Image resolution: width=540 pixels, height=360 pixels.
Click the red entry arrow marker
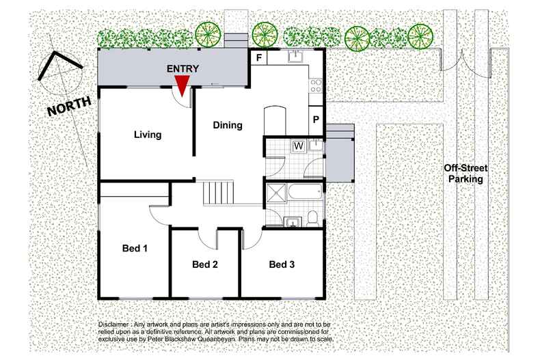pos(182,85)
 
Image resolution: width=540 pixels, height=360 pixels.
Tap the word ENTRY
pos(183,69)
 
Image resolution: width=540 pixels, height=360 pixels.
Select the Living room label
pos(148,135)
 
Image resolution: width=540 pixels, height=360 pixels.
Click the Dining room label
pos(228,125)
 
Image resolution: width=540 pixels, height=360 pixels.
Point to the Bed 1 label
pos(135,248)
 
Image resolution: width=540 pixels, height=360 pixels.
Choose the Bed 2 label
pos(205,264)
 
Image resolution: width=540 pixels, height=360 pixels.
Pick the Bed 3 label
pos(282,264)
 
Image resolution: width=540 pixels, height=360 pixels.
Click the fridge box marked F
pos(259,57)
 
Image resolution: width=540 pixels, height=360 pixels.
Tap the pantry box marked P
pos(316,120)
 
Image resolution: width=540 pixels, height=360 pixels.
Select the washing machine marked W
pos(299,146)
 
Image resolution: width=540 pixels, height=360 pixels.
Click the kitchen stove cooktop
pos(316,85)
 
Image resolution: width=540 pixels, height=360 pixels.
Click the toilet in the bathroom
pos(312,218)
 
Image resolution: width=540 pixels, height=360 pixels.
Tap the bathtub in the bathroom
pos(305,191)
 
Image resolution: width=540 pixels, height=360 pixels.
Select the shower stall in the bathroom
pos(276,192)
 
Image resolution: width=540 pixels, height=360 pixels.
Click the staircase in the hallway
pos(218,193)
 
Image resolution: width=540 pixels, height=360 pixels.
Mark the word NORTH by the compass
pos(70,107)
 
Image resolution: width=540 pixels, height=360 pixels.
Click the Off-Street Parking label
pos(465,174)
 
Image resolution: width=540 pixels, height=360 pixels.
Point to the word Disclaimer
pos(113,324)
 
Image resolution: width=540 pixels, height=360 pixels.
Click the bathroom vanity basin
pos(293,222)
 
